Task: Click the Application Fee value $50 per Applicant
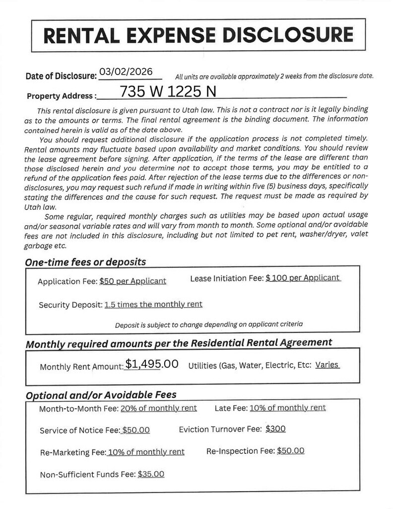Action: tap(132, 281)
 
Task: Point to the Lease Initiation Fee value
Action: tap(303, 278)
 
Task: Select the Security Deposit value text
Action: tap(153, 304)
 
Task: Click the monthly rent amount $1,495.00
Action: tap(151, 364)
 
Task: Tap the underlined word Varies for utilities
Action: tap(327, 365)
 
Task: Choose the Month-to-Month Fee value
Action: tap(158, 408)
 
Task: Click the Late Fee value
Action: tap(287, 408)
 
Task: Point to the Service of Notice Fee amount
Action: tap(136, 430)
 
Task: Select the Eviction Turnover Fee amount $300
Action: tap(275, 428)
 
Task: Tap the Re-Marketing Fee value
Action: tap(146, 452)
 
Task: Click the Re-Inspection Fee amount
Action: tap(290, 451)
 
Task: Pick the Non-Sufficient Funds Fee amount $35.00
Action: tap(151, 474)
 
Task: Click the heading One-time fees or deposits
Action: tap(85, 262)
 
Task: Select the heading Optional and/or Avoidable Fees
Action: tap(101, 395)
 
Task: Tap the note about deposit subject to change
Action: tap(208, 325)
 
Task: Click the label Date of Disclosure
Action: tap(61, 76)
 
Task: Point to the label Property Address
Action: tap(61, 96)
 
